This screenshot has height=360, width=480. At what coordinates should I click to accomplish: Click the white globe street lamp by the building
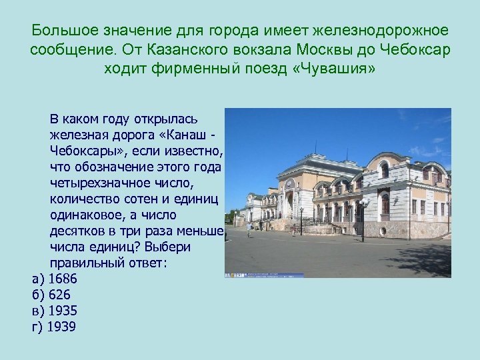pyautogui.click(x=364, y=201)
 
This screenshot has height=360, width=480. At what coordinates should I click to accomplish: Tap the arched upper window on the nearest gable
pyautogui.click(x=385, y=169)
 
